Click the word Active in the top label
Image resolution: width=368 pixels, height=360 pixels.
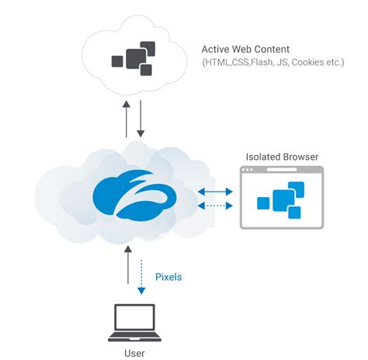click(x=217, y=48)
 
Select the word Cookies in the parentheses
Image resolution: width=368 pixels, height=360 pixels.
click(x=306, y=61)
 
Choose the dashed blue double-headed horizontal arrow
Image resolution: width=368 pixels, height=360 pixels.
click(x=215, y=206)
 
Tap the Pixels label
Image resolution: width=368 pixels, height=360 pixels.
click(x=169, y=276)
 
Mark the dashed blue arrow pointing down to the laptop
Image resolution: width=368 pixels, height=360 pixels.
click(x=141, y=275)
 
